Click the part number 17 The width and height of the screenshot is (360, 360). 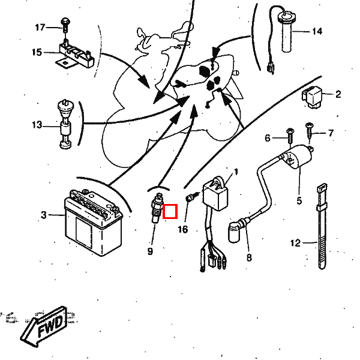click(40, 28)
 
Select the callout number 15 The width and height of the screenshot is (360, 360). click(37, 52)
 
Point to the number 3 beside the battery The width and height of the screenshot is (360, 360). click(43, 215)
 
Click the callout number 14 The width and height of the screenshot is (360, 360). click(316, 31)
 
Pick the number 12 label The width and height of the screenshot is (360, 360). click(295, 243)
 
